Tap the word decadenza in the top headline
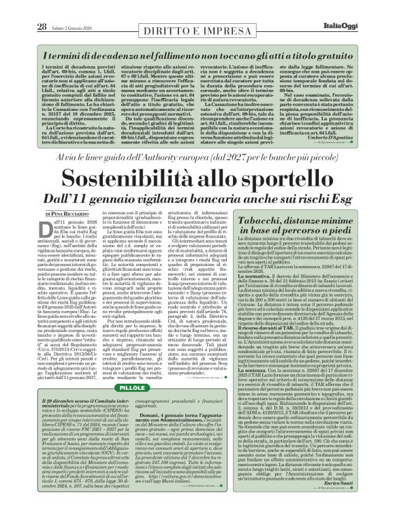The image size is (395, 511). [99, 37]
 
